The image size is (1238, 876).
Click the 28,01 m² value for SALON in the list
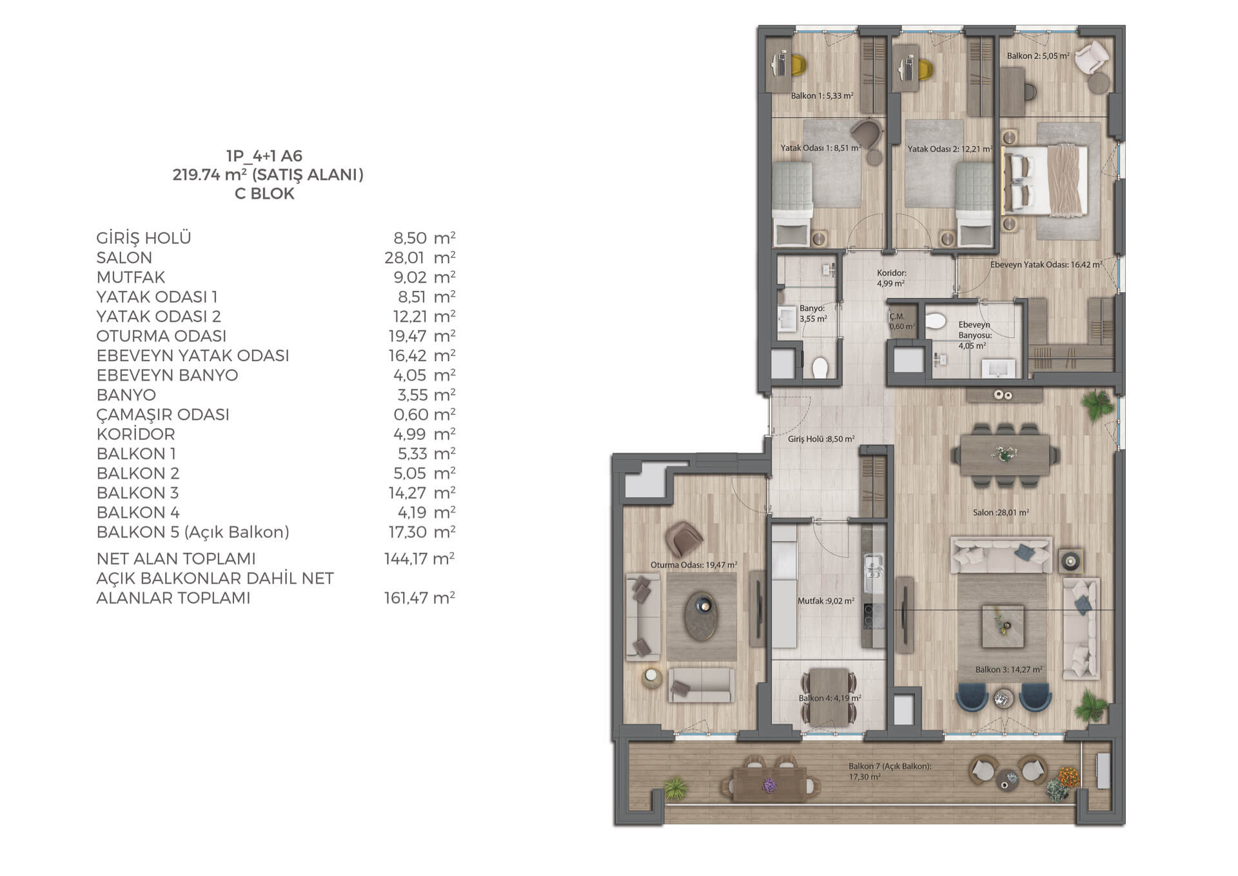(x=420, y=258)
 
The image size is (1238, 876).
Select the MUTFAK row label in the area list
(x=131, y=277)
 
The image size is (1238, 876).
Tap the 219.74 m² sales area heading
(x=268, y=175)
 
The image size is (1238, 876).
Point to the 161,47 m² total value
(x=420, y=598)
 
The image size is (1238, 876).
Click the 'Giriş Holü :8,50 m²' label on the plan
(x=821, y=439)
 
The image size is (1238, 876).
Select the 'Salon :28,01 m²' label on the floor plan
(x=1001, y=513)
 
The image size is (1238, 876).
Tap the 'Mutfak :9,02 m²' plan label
(x=826, y=601)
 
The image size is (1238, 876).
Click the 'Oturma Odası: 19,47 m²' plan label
(x=694, y=565)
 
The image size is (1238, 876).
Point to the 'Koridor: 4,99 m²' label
(x=892, y=278)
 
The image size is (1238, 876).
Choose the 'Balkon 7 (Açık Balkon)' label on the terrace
(x=890, y=767)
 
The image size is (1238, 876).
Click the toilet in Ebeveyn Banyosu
(x=936, y=321)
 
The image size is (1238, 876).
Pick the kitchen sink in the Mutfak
(x=873, y=570)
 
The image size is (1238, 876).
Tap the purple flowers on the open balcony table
(x=770, y=785)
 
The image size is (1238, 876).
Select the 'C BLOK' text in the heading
(x=264, y=194)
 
